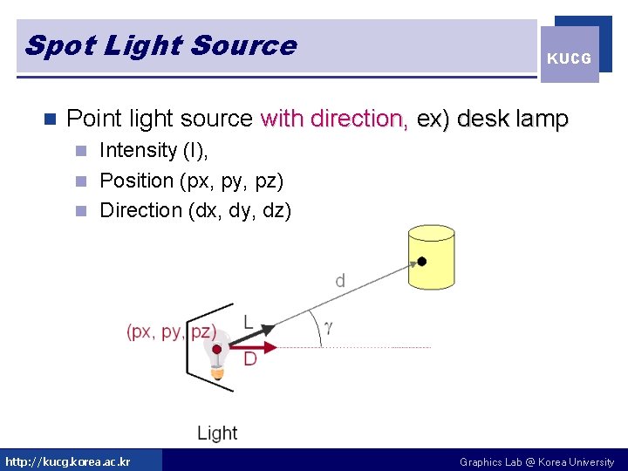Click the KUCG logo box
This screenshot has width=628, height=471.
tap(570, 54)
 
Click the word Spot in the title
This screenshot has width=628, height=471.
tap(60, 45)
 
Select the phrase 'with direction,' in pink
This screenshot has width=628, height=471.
tap(335, 118)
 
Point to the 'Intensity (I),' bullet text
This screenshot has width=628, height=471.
tap(154, 150)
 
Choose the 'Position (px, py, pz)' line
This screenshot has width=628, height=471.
tap(192, 181)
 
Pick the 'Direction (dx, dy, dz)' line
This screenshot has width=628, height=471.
tap(195, 210)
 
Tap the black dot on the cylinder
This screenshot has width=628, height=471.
tap(422, 261)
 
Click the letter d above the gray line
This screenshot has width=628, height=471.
tap(340, 280)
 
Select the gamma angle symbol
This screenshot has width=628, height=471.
tap(328, 327)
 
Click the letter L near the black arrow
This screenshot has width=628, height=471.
tap(248, 322)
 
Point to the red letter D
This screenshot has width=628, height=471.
tap(250, 358)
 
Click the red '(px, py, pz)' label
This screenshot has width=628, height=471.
tap(171, 331)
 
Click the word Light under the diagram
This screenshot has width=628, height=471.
tap(217, 433)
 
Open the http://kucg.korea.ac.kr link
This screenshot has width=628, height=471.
tap(68, 461)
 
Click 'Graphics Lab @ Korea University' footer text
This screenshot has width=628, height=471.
tap(536, 461)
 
